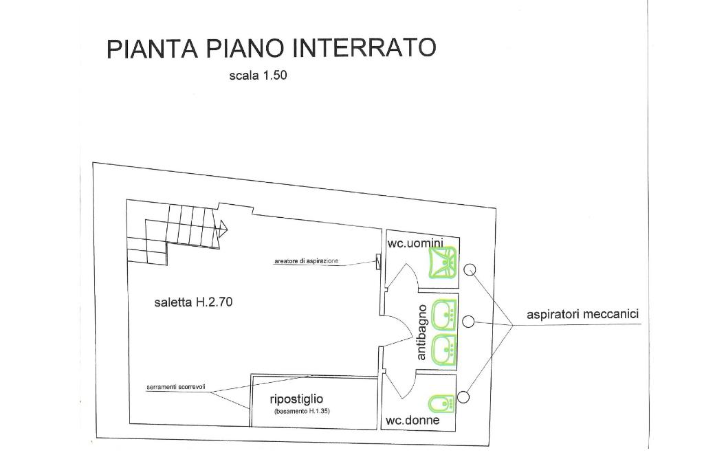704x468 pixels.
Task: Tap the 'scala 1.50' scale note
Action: (258, 76)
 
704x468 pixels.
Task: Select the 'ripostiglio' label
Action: (296, 399)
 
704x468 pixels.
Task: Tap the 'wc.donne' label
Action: (412, 421)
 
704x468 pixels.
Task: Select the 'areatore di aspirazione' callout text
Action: (306, 261)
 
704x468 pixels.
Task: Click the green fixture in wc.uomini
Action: (441, 263)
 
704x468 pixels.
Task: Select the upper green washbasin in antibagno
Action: (445, 314)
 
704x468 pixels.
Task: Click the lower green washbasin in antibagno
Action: (445, 349)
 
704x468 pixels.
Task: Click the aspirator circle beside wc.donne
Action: (463, 397)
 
